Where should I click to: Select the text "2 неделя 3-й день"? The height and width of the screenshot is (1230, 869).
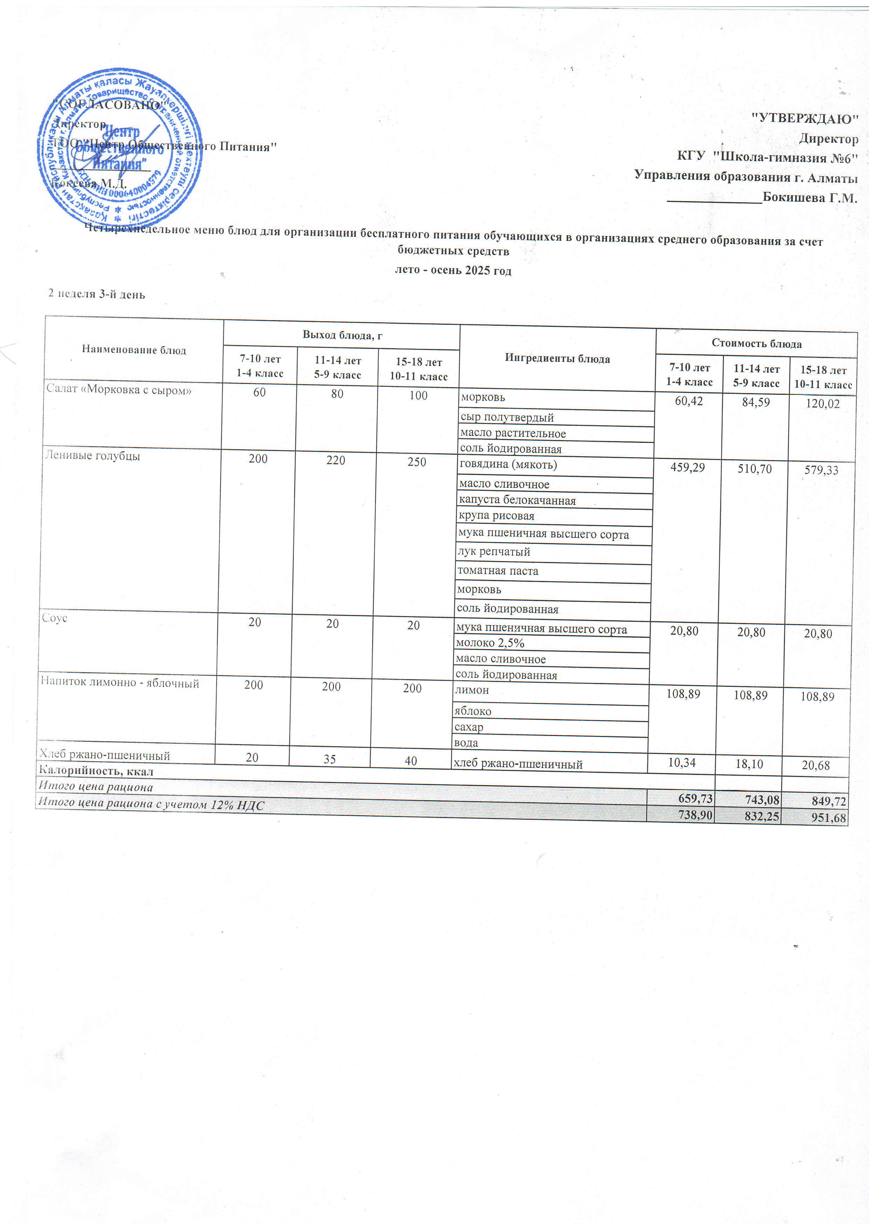tap(97, 294)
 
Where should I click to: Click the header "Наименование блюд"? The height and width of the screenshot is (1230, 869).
tap(134, 350)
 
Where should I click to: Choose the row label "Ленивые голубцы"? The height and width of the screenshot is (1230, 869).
tap(92, 456)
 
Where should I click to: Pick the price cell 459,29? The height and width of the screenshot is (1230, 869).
tap(687, 468)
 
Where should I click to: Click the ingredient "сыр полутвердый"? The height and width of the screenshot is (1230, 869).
tap(507, 417)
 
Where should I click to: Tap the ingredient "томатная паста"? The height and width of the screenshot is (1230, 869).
tap(498, 570)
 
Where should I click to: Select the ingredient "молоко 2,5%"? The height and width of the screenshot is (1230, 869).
tap(490, 643)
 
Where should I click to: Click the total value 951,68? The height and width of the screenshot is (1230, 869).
tap(829, 818)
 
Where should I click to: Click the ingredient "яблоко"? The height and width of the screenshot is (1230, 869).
tap(472, 711)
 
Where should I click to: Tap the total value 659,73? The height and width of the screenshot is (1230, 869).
tap(695, 798)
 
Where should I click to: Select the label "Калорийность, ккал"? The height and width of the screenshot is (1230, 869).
tap(96, 771)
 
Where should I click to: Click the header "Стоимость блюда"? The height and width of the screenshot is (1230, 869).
tap(756, 343)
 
